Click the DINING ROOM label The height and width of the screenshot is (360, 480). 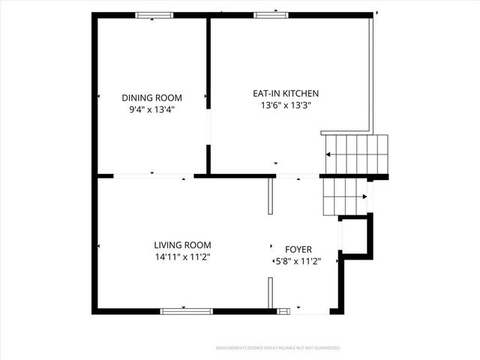tap(152, 97)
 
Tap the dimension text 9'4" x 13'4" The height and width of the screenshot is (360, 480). tap(152, 109)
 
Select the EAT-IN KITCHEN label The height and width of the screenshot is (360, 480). tap(285, 93)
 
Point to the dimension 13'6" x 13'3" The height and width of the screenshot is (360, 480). tap(285, 106)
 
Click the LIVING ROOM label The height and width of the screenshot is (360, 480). tap(182, 245)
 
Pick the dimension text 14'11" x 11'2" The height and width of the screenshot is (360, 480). tap(182, 257)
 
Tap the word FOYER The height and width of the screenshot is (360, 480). tap(298, 250)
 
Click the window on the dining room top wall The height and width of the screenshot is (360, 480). tap(154, 14)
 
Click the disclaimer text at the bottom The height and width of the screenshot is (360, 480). tap(277, 348)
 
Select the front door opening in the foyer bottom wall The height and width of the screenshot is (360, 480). tap(309, 311)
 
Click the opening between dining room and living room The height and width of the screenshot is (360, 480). tap(153, 176)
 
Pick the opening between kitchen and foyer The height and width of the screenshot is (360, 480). tap(298, 176)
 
